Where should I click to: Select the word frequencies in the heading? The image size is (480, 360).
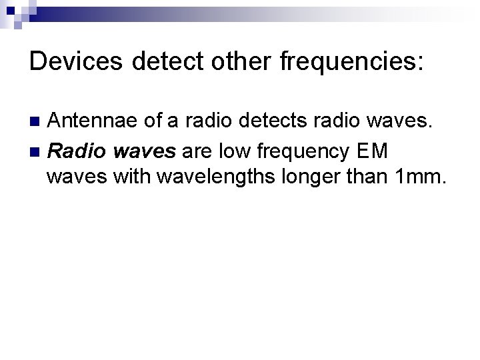pos(351,63)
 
